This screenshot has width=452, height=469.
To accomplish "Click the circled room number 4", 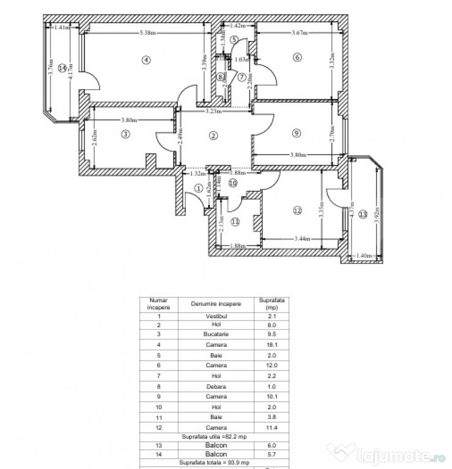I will click(x=145, y=60).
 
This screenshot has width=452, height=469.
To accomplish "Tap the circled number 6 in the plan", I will click(x=297, y=57).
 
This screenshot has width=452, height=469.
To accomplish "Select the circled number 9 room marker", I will click(x=296, y=133).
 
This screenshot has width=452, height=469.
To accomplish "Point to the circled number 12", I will click(x=297, y=211).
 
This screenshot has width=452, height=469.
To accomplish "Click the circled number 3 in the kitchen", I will click(x=125, y=134).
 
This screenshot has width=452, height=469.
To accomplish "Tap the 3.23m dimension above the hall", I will click(x=213, y=111).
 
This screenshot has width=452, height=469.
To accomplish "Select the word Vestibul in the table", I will click(x=215, y=316).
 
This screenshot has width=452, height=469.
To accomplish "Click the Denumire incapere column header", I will click(x=215, y=304).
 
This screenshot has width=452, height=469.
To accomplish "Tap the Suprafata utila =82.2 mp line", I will click(x=215, y=437).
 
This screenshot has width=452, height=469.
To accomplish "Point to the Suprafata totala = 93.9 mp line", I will click(x=215, y=463).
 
